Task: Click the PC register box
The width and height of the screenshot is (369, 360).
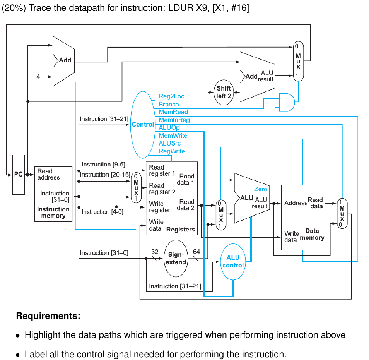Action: pos(18,175)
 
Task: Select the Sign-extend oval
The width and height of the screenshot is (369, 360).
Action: pos(177,259)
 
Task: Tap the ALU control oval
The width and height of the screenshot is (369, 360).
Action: pos(233,262)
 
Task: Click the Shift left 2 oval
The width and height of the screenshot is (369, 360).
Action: pos(224,92)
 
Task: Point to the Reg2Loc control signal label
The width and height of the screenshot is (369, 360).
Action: pos(171,96)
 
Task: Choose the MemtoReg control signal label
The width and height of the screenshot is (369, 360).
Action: pos(174,120)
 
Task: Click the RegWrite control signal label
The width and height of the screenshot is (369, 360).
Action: pos(172,151)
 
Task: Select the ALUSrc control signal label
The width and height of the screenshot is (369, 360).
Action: pos(169,143)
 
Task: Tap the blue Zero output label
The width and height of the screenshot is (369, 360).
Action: pos(260,189)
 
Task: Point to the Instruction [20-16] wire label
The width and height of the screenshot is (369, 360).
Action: pos(105,175)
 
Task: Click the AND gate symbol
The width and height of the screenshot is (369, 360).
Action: pos(287,102)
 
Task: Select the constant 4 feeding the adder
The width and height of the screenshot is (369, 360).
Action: pos(38,77)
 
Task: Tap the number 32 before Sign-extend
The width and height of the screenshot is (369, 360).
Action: pos(155,252)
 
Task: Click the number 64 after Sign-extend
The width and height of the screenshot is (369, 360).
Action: pos(196,252)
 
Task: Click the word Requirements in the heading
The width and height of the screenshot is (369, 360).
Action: pos(48,316)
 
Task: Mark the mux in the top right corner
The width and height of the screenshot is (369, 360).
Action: pos(298,61)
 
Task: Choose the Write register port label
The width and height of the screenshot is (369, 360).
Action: pos(159,207)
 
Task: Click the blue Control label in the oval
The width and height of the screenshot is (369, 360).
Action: pos(143,124)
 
